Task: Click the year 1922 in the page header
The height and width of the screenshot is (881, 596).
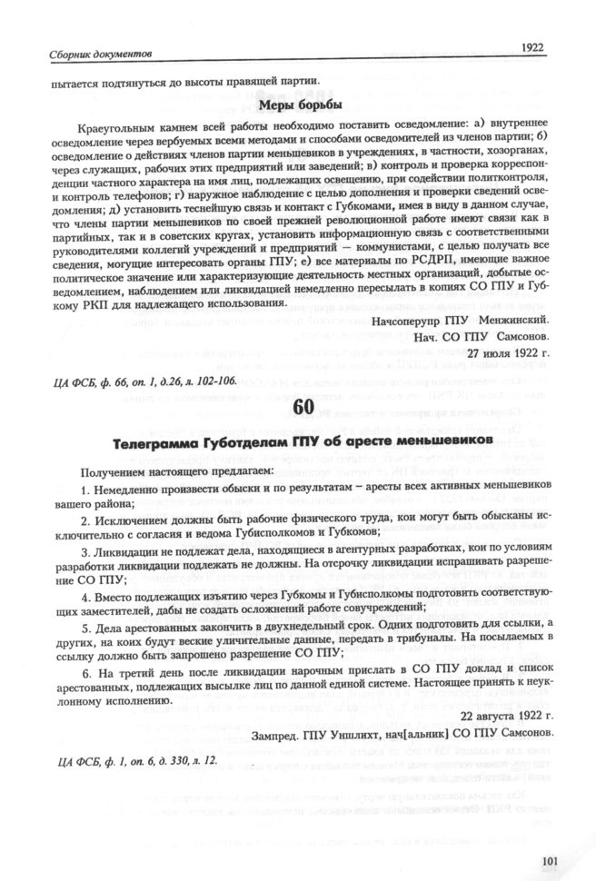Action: (532, 47)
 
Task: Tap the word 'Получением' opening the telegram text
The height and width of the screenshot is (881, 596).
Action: (113, 473)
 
